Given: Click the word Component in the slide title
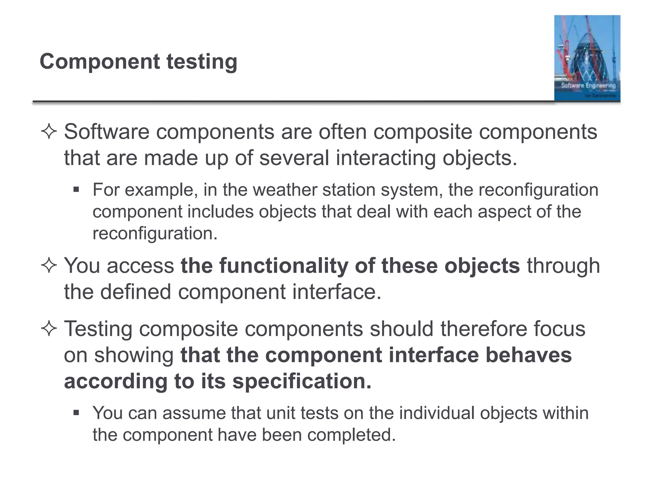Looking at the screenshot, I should [99, 62].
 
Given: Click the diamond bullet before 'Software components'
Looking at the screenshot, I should [49, 132].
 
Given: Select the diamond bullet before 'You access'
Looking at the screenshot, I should [49, 266].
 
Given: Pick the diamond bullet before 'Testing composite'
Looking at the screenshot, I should [49, 329].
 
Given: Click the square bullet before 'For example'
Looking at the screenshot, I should [76, 190].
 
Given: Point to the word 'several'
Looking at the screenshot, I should [294, 158].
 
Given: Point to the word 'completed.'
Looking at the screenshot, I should [351, 435].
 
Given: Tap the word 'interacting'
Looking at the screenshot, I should [386, 158].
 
